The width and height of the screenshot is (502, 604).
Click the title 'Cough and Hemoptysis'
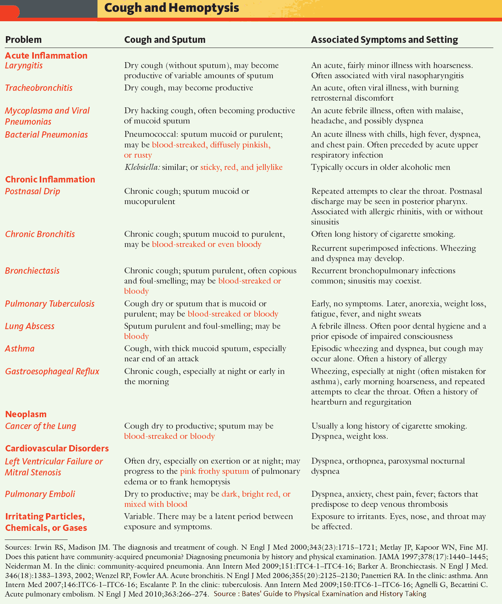coord(171,8)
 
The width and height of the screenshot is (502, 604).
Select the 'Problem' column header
coord(23,40)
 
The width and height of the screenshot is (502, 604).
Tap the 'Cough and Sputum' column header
coord(165,40)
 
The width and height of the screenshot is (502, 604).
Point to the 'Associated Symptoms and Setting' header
coord(384,40)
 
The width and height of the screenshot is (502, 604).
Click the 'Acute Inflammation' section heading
coord(46,55)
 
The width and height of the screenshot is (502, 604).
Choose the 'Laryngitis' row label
coord(24,66)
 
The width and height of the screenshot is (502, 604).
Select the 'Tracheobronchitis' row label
coord(39,88)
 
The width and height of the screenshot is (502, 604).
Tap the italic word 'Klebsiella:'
coord(142,168)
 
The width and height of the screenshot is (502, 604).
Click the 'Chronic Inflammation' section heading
coord(50,179)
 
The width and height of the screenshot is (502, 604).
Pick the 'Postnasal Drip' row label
coord(33,192)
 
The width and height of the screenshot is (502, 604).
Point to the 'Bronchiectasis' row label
coord(32,271)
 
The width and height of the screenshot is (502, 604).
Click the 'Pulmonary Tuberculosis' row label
coord(50,304)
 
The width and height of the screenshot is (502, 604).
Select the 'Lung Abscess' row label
coord(29,326)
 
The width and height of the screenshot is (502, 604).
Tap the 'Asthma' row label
coord(20,349)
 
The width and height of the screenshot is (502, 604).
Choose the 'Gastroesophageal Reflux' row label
coord(52,372)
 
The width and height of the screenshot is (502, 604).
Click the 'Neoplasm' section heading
coord(26,414)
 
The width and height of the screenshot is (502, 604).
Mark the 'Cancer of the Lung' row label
coord(40,426)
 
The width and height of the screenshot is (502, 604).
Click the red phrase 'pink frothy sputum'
coord(214,471)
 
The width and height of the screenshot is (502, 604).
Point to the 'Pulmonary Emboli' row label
coord(40,494)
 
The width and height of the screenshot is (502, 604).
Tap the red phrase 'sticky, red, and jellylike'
coord(241,168)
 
